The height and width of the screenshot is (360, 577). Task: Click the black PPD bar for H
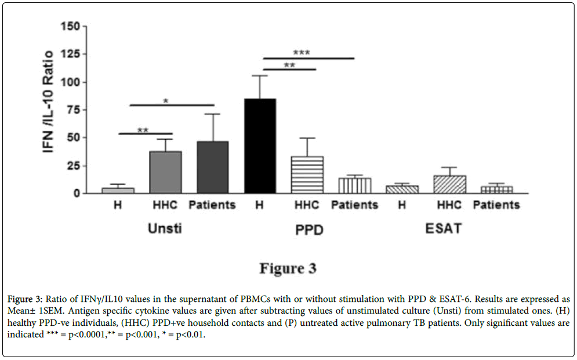(260, 146)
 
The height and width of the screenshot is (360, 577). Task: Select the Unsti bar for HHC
(165, 172)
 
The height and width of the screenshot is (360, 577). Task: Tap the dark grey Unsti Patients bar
(212, 168)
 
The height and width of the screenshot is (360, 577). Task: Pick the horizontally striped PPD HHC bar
(307, 174)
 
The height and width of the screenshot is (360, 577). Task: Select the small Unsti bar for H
(118, 190)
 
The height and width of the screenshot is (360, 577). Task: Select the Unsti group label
(165, 228)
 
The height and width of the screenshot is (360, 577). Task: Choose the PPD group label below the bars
(307, 230)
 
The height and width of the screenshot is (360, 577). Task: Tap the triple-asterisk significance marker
(302, 53)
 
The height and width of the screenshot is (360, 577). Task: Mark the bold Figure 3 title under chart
(288, 268)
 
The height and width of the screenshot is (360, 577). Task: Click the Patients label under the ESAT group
(496, 205)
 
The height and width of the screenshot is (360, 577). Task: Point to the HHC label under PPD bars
(307, 205)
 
